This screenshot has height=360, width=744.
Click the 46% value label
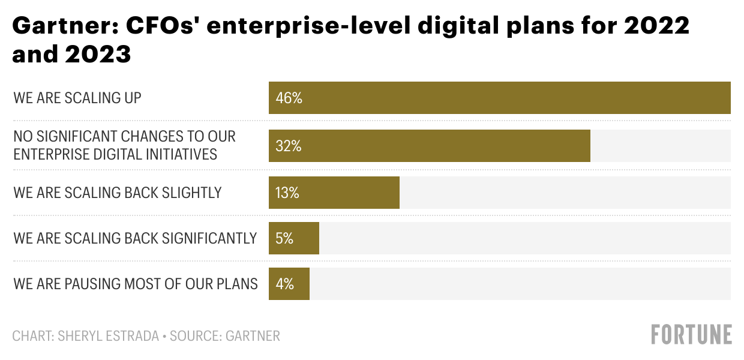point(289,98)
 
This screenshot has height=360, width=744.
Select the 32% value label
point(289,146)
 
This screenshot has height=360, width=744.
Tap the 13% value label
point(287,193)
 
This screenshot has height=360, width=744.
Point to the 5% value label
point(284,239)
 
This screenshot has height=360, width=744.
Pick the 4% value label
point(284,284)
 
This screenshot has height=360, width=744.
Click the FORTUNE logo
point(691,334)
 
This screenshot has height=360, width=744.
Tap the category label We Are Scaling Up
point(77,98)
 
